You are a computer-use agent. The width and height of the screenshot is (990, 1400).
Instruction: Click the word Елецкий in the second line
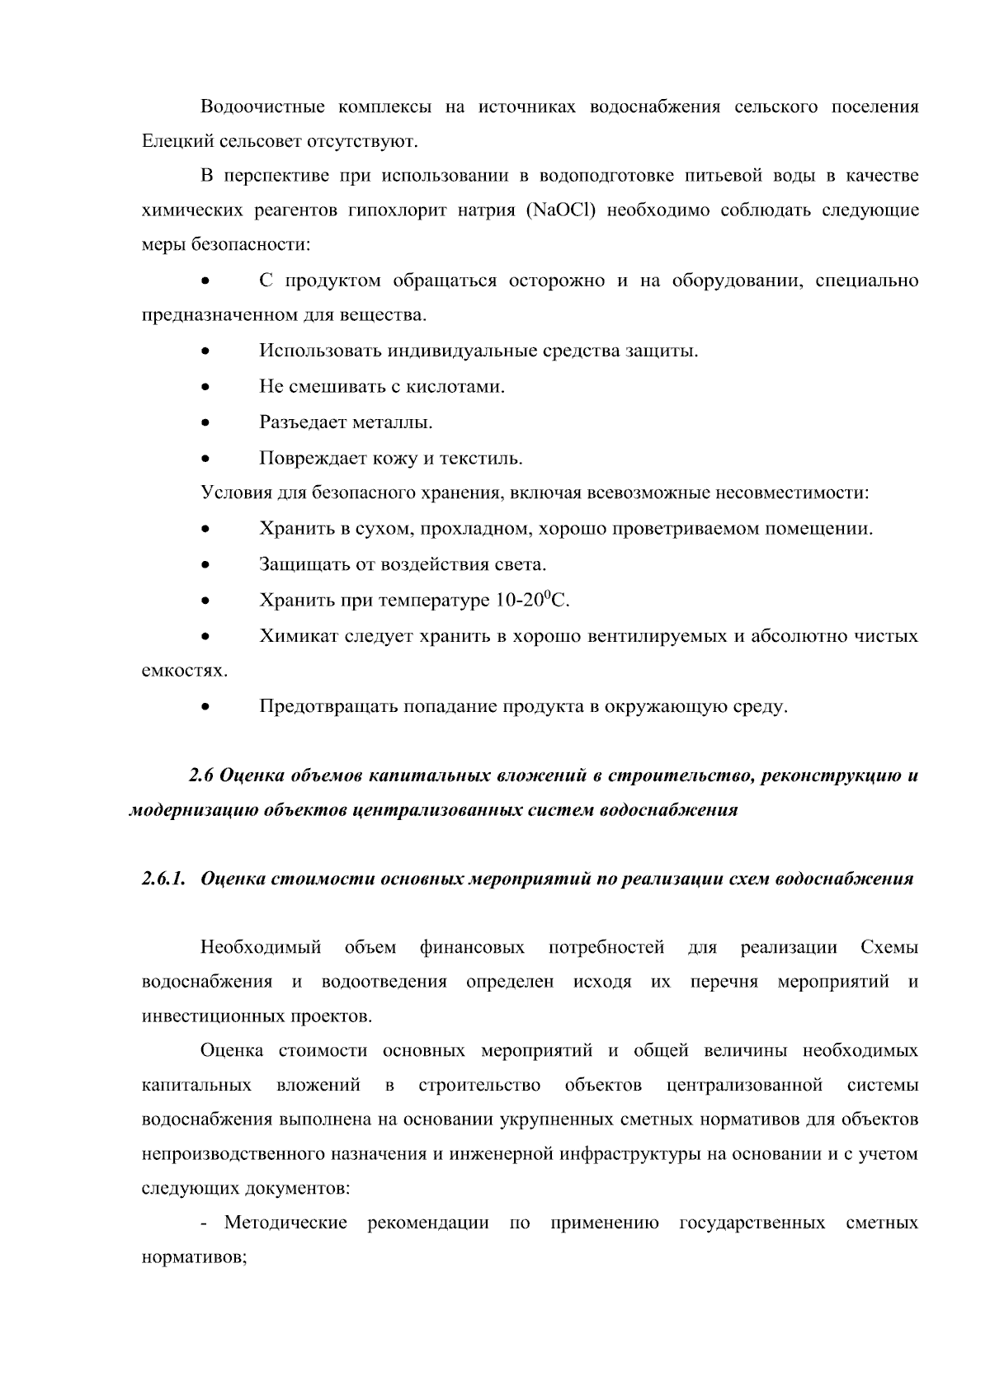point(178,142)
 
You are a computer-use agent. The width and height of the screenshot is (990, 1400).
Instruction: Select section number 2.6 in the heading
point(202,776)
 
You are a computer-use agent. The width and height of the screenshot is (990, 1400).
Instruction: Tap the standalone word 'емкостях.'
point(185,672)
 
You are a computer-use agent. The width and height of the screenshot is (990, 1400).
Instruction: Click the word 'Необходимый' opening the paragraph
point(260,948)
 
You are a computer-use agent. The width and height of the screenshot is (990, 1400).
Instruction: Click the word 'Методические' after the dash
point(285,1223)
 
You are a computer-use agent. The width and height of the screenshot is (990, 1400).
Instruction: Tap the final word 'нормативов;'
point(195,1259)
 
